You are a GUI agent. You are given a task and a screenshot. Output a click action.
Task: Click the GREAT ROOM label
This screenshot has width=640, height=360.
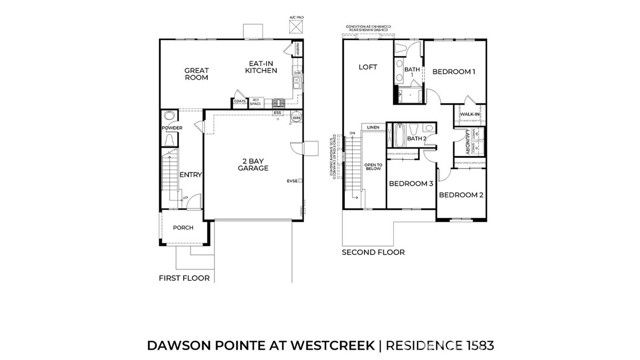point(195,74)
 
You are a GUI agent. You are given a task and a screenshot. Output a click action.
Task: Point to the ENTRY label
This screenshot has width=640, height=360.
point(190,175)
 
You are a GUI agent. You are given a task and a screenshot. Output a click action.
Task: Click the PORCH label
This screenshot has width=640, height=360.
point(183,228)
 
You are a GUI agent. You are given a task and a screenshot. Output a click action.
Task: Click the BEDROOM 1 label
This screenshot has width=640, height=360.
point(453,71)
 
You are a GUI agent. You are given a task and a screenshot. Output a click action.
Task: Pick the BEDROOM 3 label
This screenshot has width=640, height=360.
point(410,184)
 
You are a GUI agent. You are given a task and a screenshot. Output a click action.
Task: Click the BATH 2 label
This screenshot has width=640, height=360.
point(418,139)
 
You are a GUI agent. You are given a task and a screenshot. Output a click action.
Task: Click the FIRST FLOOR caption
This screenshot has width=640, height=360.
point(184,277)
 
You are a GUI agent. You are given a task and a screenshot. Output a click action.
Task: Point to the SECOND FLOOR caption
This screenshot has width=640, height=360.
point(372,252)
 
